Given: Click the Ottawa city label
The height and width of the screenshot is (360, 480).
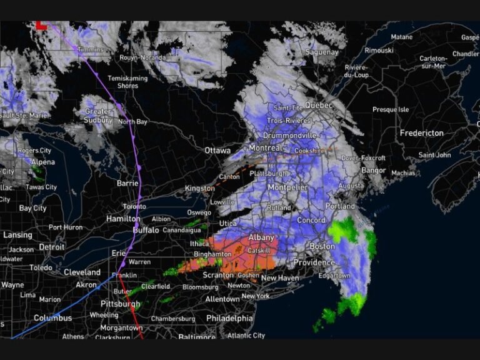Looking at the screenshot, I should (217, 151).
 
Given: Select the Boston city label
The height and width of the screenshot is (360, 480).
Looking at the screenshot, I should (322, 246).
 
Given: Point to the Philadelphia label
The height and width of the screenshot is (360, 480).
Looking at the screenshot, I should (229, 318).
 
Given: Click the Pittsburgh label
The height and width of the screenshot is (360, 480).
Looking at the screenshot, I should (120, 304).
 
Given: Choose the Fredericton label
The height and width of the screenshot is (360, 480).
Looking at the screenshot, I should (422, 133).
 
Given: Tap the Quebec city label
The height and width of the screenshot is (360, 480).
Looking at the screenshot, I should (321, 106).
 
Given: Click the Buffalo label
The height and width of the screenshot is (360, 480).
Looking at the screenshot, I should (146, 230).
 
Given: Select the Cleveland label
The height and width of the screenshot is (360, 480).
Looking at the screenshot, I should (82, 272).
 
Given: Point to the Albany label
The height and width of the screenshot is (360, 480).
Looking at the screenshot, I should (261, 238).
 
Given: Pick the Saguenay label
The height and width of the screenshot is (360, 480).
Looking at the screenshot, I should (322, 52).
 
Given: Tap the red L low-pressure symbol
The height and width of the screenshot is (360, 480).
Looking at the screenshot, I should (41, 25).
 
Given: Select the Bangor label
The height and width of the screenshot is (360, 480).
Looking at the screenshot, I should (374, 170).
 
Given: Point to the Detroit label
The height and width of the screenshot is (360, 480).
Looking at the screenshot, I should (51, 247).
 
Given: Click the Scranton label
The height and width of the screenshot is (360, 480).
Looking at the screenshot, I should (219, 275).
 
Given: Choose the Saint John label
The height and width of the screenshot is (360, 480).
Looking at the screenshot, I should (434, 155).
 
